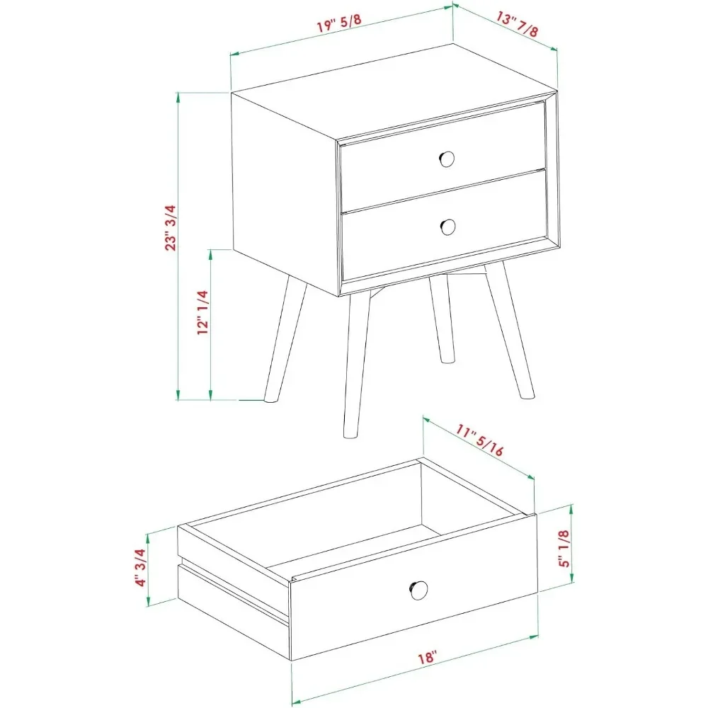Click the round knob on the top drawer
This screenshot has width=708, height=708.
coord(447,158)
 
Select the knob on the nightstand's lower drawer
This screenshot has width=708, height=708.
coord(447,227)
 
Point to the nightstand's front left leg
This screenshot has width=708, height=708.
coord(355,368)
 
